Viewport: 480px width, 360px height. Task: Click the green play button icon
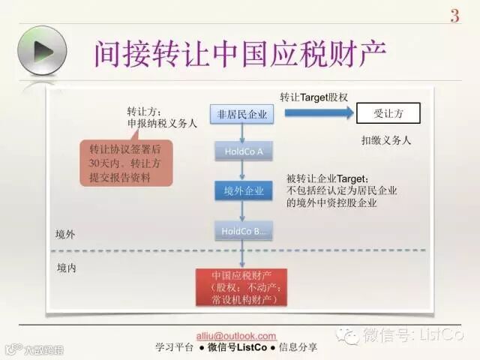[x=41, y=49]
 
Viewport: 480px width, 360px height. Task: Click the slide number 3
[x=454, y=16]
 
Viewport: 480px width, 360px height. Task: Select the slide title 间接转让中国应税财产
[x=241, y=54]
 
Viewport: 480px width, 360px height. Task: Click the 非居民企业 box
[x=241, y=114]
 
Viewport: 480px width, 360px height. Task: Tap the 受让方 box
[x=388, y=114]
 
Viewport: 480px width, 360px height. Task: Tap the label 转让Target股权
[x=314, y=97]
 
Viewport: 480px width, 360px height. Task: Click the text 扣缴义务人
[x=385, y=140]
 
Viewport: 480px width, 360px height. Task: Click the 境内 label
[x=66, y=266]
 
